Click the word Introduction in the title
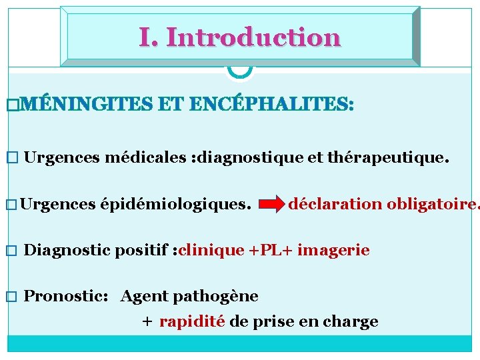click(x=253, y=37)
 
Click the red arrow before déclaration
click(x=270, y=205)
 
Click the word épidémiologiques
click(x=176, y=204)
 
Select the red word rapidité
click(x=192, y=321)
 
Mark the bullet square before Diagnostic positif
click(x=9, y=251)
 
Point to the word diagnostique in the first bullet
click(x=257, y=158)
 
